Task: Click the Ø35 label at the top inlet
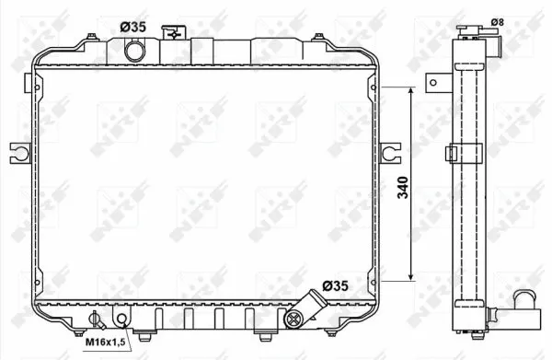pyautogui.click(x=133, y=27)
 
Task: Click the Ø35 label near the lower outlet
pyautogui.click(x=336, y=285)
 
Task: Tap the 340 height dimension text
pyautogui.click(x=403, y=188)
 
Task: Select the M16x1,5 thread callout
pyautogui.click(x=106, y=342)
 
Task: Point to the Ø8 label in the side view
pyautogui.click(x=498, y=22)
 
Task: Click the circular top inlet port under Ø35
pyautogui.click(x=135, y=51)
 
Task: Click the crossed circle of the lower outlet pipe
pyautogui.click(x=293, y=319)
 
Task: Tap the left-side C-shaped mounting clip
pyautogui.click(x=21, y=153)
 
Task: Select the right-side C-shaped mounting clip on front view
pyautogui.click(x=390, y=153)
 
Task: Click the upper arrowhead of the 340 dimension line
pyautogui.click(x=411, y=91)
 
